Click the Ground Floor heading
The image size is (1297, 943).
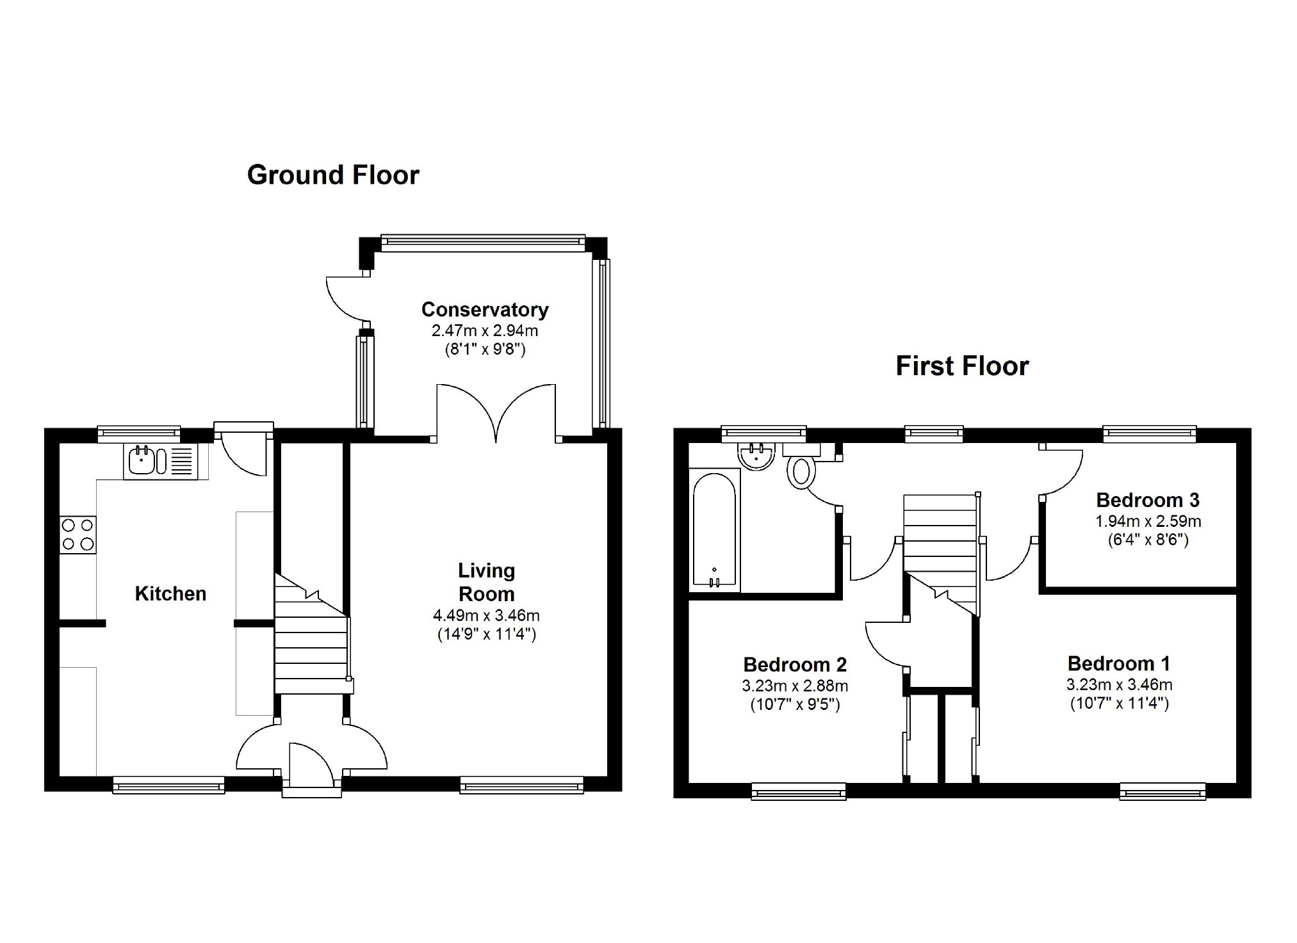click(333, 175)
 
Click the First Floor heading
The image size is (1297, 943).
click(962, 366)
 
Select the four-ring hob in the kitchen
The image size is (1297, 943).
click(78, 535)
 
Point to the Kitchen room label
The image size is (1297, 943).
click(170, 593)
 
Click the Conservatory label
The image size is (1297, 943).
click(485, 310)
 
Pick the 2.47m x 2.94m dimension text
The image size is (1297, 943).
click(485, 331)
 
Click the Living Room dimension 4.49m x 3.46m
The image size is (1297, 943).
click(486, 616)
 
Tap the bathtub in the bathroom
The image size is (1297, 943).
click(715, 530)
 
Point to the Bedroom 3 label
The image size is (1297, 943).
click(1148, 500)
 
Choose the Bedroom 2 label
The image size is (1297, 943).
click(795, 665)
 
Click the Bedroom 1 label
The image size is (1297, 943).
click(1119, 663)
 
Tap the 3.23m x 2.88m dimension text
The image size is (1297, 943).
click(795, 686)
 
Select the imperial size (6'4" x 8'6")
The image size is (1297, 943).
click(1148, 540)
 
